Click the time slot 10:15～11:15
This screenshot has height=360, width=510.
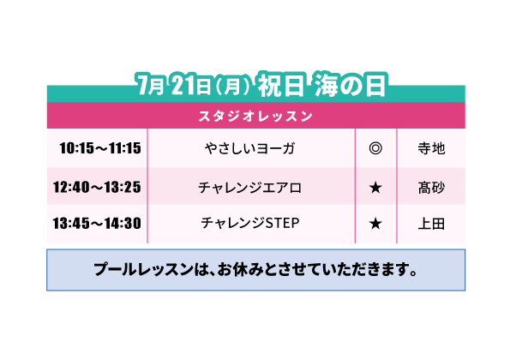point(100,148)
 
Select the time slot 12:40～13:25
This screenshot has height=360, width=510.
point(97,187)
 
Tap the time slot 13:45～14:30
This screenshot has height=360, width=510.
point(97,224)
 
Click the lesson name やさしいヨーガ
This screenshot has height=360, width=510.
point(249,148)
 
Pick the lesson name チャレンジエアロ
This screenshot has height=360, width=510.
point(249,188)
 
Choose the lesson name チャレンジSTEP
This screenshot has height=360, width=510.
point(249,223)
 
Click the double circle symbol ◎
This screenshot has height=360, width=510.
point(375,148)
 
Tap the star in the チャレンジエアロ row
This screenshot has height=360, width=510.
point(375,188)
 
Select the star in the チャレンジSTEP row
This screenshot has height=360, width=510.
point(375,224)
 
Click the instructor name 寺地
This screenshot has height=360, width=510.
point(431,148)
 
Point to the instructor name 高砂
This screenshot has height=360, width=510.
point(431,188)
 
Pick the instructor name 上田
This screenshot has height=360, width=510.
point(431,224)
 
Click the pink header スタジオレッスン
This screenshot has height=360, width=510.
point(255,116)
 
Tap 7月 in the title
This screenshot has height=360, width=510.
point(150,85)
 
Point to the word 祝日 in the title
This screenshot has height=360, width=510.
point(281,85)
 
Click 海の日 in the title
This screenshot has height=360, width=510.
point(351,85)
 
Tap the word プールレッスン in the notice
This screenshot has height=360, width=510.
point(143,270)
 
